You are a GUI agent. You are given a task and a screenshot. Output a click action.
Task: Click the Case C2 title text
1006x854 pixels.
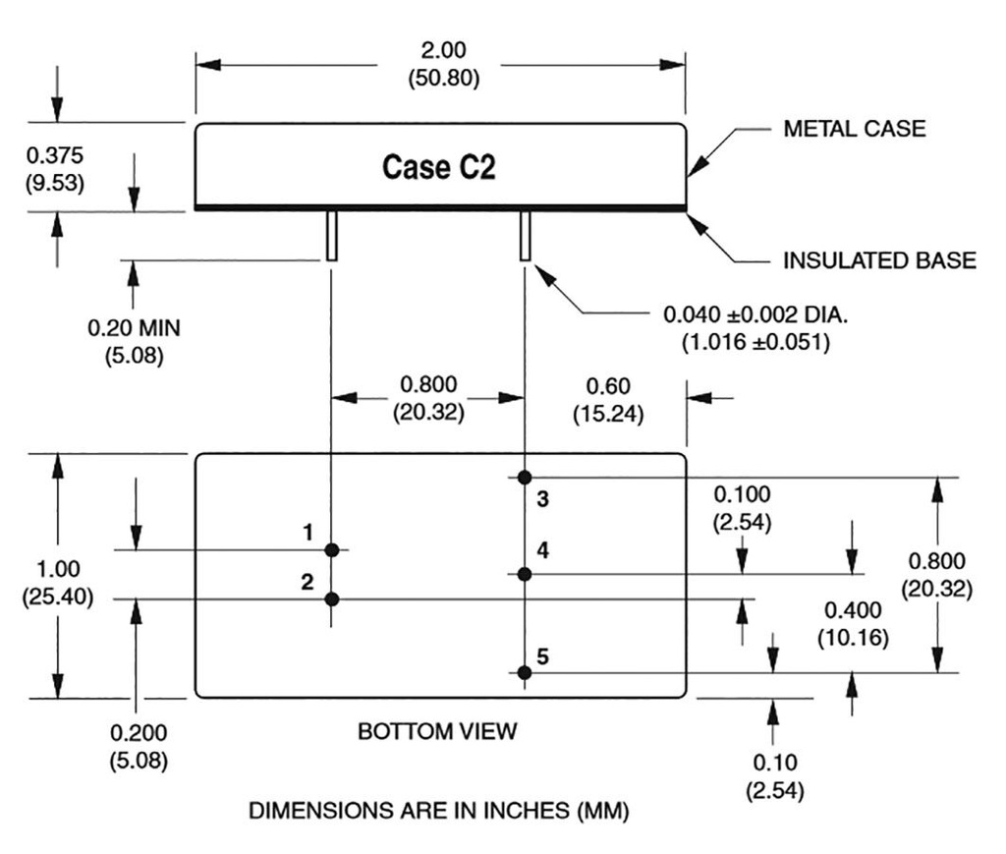[x=438, y=168]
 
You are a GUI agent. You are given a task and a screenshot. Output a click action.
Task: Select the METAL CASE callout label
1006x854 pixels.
[x=854, y=129]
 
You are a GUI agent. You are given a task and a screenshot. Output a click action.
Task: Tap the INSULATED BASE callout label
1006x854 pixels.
[x=879, y=260]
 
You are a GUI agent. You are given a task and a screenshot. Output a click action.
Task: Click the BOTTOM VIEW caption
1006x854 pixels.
[x=436, y=732]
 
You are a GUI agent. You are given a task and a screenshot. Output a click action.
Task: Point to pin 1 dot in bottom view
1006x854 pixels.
[x=333, y=550]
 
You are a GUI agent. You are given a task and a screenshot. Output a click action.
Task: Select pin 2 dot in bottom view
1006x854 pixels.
[x=333, y=598]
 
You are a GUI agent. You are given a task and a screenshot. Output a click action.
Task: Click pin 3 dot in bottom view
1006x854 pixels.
[x=526, y=478]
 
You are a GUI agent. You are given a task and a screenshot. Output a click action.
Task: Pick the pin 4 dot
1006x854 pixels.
[x=526, y=574]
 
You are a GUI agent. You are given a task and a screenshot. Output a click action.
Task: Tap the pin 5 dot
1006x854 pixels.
[x=526, y=673]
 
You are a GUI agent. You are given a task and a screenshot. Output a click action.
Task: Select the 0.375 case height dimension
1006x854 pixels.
[x=55, y=155]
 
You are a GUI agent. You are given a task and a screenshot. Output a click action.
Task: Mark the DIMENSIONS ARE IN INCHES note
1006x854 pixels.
[x=438, y=812]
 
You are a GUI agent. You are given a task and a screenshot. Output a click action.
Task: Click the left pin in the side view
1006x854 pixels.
[x=332, y=236]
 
